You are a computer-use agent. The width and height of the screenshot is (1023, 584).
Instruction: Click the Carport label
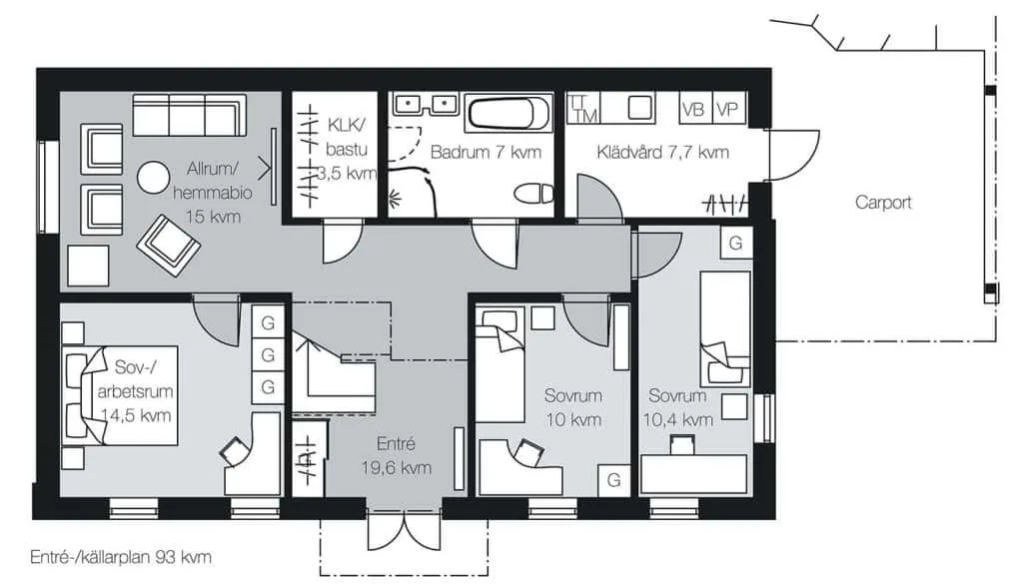[x=883, y=203]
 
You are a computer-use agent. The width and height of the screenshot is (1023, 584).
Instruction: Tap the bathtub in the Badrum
[x=509, y=114]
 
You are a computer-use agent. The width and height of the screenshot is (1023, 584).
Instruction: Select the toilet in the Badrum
[x=533, y=194]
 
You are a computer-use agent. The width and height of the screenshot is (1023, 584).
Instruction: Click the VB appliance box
[x=693, y=109]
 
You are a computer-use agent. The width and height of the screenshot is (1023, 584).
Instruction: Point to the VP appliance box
[x=727, y=109]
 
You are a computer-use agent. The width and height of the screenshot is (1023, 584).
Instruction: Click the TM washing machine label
[x=585, y=116]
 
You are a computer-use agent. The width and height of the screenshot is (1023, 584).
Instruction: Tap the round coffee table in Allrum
[x=153, y=178]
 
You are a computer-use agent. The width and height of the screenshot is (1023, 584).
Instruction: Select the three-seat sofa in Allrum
[x=189, y=115]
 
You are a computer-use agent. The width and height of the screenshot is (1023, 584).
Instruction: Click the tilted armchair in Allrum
[x=168, y=245]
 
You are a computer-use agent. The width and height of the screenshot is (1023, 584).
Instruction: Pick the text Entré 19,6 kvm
[x=396, y=455]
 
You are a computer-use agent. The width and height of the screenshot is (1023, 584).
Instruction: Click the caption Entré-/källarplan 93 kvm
[x=121, y=557]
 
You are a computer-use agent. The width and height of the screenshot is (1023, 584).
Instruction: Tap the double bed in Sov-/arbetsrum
[x=120, y=395]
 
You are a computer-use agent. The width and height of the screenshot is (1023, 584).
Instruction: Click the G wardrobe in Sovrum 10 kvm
[x=614, y=480]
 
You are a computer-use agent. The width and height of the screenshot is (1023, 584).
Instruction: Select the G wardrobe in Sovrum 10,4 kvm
[x=736, y=244]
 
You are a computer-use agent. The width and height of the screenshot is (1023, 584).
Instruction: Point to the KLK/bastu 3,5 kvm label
[x=347, y=149]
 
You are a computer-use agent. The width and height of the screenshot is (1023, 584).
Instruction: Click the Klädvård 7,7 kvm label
[x=663, y=153]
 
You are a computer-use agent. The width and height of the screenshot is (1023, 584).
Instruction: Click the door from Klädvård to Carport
[x=792, y=155]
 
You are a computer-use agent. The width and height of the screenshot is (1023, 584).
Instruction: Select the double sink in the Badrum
[x=424, y=104]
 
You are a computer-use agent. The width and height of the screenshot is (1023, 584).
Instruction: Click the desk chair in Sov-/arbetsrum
[x=235, y=450]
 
